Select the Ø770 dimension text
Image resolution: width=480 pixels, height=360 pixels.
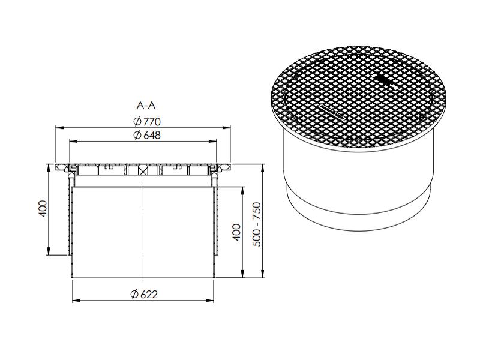(146, 121)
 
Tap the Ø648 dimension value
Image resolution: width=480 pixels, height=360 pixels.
(146, 135)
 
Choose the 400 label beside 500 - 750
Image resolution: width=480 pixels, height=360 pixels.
(236, 232)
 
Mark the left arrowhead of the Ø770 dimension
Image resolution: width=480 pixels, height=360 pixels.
(58, 128)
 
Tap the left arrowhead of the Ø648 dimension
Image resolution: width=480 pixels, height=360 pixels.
(73, 142)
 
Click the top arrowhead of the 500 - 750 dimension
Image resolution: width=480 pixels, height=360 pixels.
(263, 166)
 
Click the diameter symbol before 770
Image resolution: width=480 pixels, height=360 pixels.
(137, 121)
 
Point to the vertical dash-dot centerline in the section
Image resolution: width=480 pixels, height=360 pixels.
(143, 228)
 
